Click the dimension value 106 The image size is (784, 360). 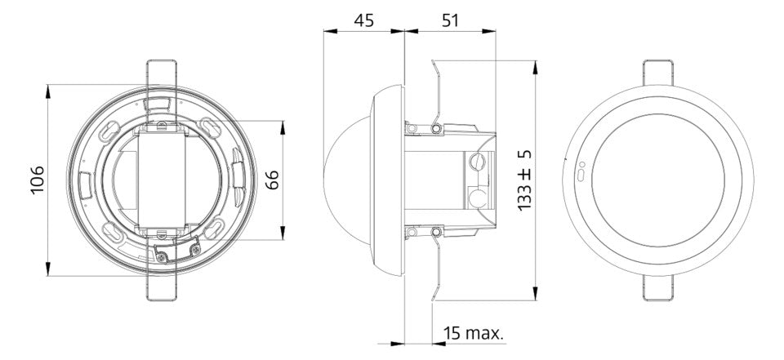click(38, 180)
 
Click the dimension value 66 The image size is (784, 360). click(272, 180)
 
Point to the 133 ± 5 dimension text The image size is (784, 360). click(524, 180)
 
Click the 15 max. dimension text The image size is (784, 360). click(474, 333)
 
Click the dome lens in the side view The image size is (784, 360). click(347, 180)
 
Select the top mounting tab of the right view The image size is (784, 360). click(658, 73)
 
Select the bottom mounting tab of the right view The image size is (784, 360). click(658, 288)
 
